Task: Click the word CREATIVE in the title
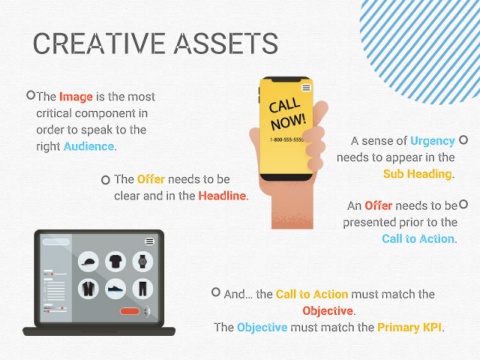coord(100,43)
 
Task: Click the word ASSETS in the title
coord(226,43)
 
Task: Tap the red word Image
coord(76,97)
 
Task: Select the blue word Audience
coord(89,146)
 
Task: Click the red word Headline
coord(222,196)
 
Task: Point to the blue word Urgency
coord(432,141)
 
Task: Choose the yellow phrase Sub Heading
coord(417,174)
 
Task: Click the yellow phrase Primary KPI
coord(410,327)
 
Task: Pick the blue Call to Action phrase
coord(418,239)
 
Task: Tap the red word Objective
coord(327,311)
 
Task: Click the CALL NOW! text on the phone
coord(287,114)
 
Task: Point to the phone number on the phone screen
coord(287,140)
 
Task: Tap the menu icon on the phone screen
coord(306,88)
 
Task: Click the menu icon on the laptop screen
coord(150,241)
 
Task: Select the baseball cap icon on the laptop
coord(88,262)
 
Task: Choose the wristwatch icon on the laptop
coord(143,262)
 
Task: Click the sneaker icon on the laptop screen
coord(115,289)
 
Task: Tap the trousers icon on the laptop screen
coord(143,289)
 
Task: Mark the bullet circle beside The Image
coord(31,95)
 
